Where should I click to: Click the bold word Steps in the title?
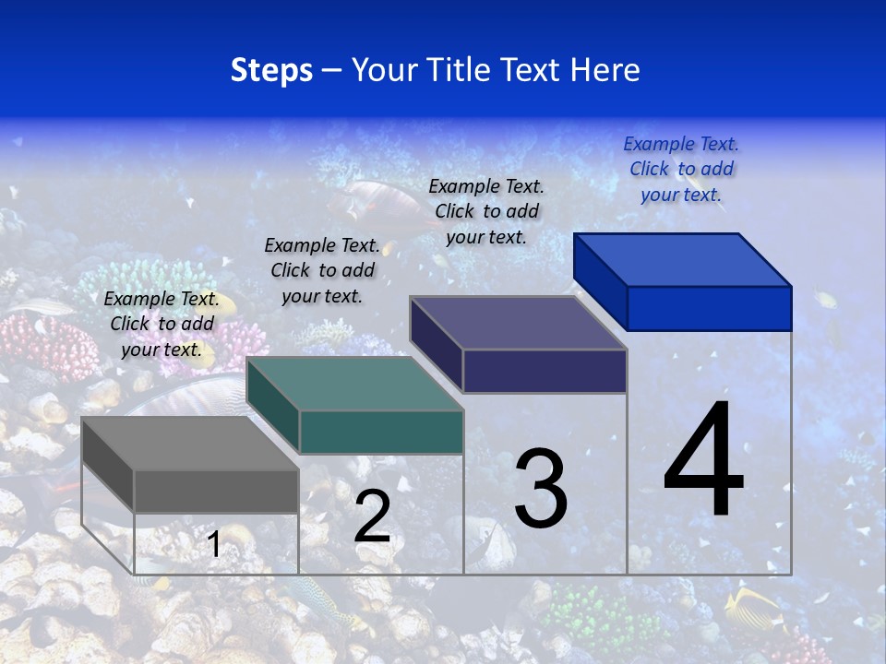[x=271, y=70]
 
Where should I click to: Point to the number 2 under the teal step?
[x=372, y=516]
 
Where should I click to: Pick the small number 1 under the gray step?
[x=214, y=544]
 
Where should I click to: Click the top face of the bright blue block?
[x=681, y=259]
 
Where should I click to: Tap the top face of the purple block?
[x=517, y=322]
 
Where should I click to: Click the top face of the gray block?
[x=189, y=443]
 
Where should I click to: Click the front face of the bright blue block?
[x=709, y=308]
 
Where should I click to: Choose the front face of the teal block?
[x=381, y=432]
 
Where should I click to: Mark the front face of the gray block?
[x=217, y=491]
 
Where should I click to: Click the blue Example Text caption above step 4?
[x=681, y=169]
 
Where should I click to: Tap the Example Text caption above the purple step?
[x=486, y=211]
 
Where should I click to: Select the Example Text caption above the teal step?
[x=322, y=270]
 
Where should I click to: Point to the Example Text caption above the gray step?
[x=162, y=324]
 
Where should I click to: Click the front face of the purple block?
[x=545, y=371]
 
